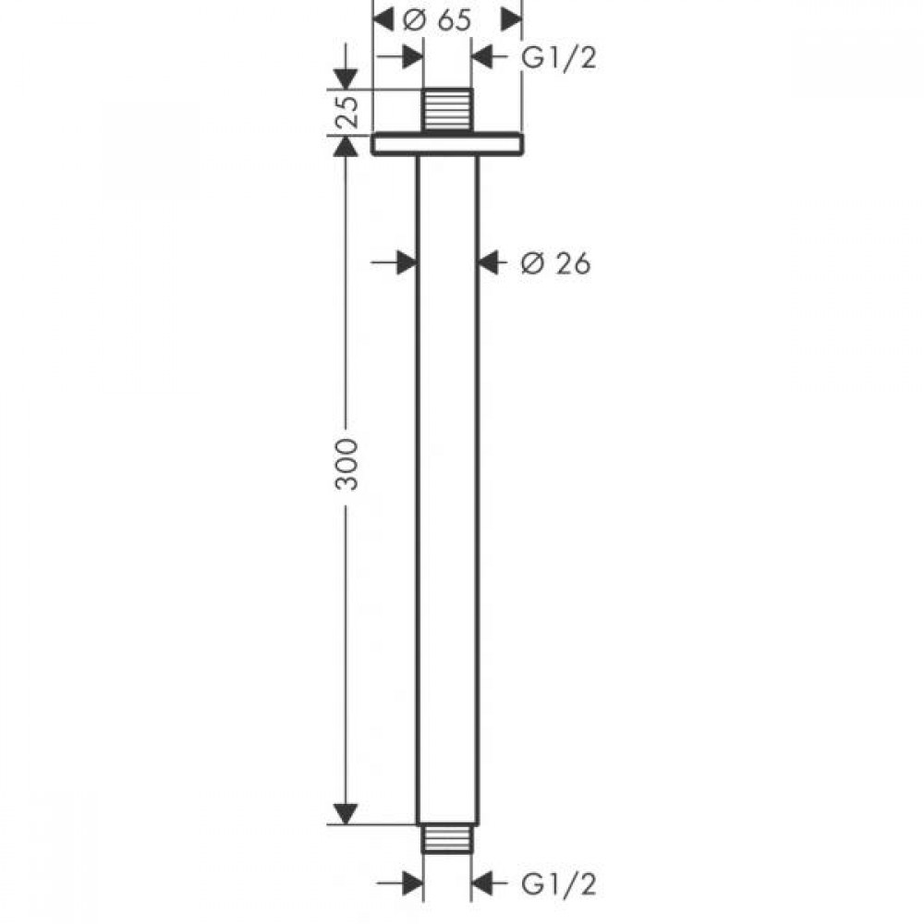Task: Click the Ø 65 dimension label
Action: [x=437, y=20]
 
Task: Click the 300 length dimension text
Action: [x=346, y=464]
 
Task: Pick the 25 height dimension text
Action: [x=347, y=111]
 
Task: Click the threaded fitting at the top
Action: [x=448, y=110]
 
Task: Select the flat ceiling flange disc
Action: [x=447, y=145]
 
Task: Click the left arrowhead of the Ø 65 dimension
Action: [x=383, y=20]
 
